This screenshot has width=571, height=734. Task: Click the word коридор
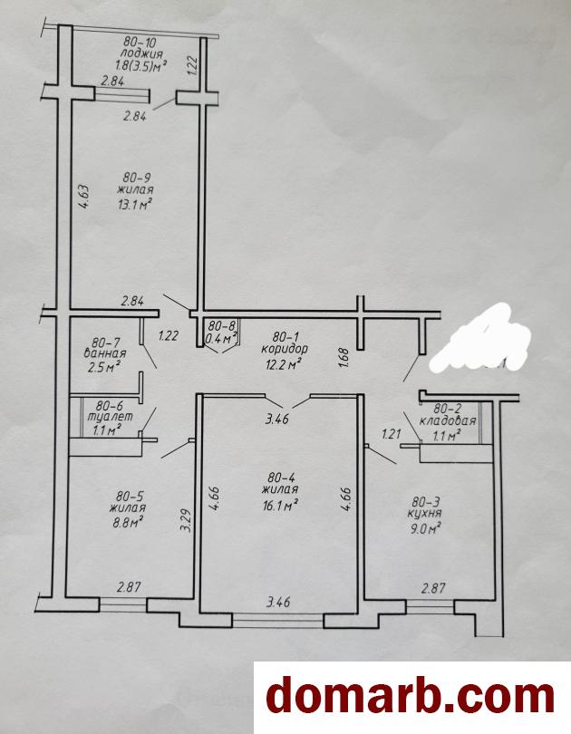[x=285, y=349]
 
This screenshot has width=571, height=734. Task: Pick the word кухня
[x=425, y=514]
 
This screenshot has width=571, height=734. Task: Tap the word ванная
[x=105, y=353]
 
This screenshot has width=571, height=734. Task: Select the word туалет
[x=113, y=416]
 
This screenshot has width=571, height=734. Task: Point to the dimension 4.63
[x=84, y=197]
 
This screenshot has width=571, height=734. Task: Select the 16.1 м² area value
[x=281, y=505]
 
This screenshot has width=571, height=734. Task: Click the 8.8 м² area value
[x=127, y=521]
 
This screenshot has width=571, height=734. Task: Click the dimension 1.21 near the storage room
[x=392, y=434]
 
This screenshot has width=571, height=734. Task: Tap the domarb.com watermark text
[x=411, y=697]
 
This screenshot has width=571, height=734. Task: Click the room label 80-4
[x=281, y=478]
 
